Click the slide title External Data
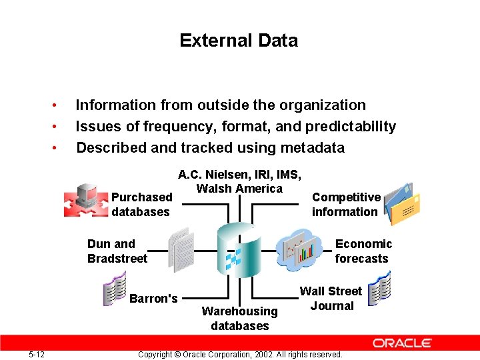pyautogui.click(x=239, y=41)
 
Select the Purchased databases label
pyautogui.click(x=141, y=205)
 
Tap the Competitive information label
pyautogui.click(x=345, y=205)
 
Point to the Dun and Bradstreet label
pyautogui.click(x=117, y=251)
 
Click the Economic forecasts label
pyautogui.click(x=363, y=251)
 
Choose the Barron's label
pyautogui.click(x=153, y=298)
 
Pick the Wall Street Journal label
pyautogui.click(x=331, y=299)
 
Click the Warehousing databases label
pyautogui.click(x=239, y=319)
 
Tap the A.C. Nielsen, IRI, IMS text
pyautogui.click(x=239, y=175)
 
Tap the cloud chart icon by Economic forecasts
pyautogui.click(x=299, y=249)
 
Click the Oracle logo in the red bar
pyautogui.click(x=402, y=343)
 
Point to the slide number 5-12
pyautogui.click(x=37, y=354)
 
